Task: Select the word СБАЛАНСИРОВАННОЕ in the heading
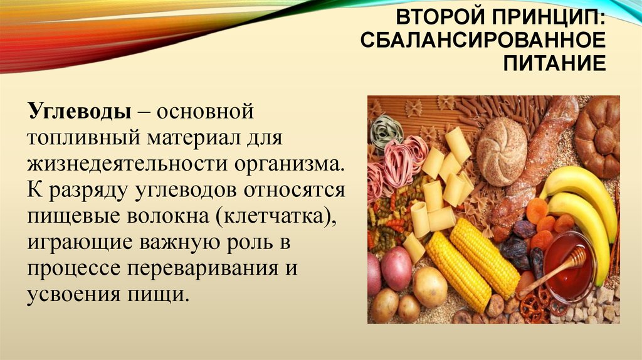[483, 40]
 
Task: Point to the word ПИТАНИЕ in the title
[555, 63]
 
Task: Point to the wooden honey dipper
[553, 271]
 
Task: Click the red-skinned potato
[396, 268]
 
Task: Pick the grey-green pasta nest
[386, 131]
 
